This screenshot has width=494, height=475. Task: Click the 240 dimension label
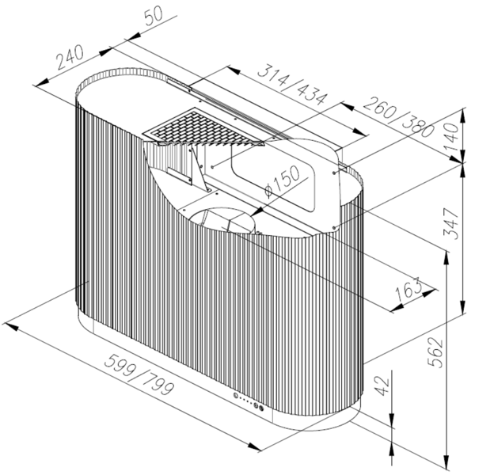click(x=70, y=57)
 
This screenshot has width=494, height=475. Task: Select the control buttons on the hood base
click(x=251, y=401)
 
